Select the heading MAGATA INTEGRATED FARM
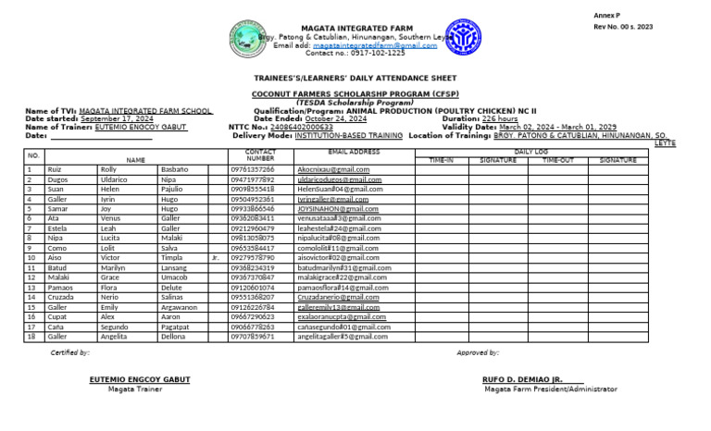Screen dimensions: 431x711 click(x=356, y=29)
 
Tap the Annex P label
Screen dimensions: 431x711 click(x=606, y=16)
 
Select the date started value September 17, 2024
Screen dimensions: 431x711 click(x=117, y=119)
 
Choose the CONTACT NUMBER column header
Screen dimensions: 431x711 click(x=260, y=154)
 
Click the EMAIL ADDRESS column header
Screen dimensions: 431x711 click(x=354, y=151)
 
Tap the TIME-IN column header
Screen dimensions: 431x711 click(x=442, y=160)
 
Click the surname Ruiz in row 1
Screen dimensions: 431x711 click(x=55, y=170)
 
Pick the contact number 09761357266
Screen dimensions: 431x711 click(x=252, y=170)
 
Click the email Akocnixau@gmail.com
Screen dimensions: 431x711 click(x=333, y=170)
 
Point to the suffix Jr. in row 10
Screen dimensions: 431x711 click(x=215, y=258)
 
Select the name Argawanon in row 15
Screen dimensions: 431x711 click(x=179, y=307)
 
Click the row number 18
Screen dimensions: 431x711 click(x=31, y=337)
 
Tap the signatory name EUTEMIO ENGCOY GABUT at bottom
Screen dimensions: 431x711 click(x=140, y=379)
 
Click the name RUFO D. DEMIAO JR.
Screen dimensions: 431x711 click(x=522, y=379)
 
